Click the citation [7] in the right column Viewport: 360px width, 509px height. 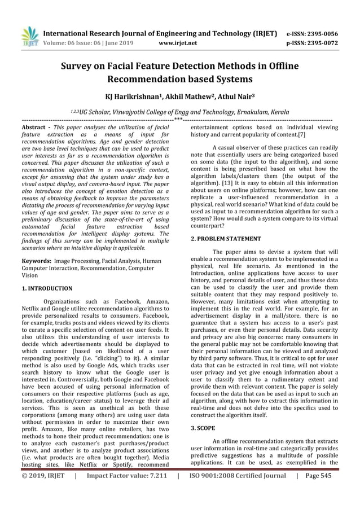302,136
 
